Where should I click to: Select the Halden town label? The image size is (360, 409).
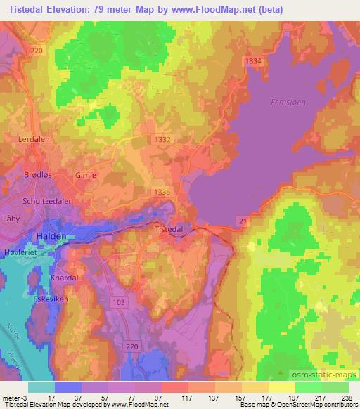(51, 237)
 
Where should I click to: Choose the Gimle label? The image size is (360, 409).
(86, 175)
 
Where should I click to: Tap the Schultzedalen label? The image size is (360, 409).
(47, 200)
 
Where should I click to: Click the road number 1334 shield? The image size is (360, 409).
(255, 62)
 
